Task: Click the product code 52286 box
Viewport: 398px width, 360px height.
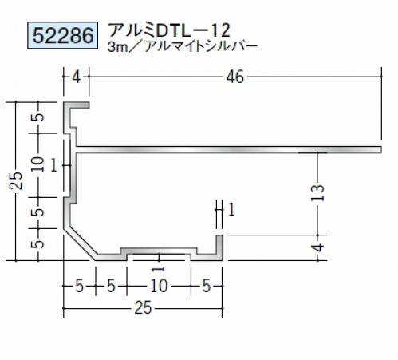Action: [63, 35]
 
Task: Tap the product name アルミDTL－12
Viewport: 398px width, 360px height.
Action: [169, 30]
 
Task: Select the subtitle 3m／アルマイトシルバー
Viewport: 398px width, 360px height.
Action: [183, 46]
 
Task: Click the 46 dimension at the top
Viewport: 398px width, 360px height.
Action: [235, 77]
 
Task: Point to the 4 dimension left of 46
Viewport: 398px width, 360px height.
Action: [76, 77]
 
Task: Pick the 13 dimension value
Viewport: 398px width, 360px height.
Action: [318, 193]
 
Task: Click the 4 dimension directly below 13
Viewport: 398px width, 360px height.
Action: [318, 247]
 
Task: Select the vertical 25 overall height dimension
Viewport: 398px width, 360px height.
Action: [16, 180]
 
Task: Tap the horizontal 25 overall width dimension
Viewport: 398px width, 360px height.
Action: [143, 308]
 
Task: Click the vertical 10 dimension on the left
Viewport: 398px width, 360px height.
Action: [38, 164]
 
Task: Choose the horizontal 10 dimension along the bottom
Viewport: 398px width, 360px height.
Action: [159, 286]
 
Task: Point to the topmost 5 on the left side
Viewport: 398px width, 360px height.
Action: [39, 117]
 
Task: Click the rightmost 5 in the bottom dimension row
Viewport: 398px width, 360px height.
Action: [207, 286]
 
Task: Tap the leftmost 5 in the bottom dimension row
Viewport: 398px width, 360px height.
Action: [80, 286]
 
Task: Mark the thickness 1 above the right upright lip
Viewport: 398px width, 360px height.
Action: [231, 210]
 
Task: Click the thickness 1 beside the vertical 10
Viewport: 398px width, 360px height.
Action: [53, 166]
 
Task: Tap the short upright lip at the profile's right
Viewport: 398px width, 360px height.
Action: [219, 247]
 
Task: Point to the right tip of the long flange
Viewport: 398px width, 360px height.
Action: [382, 149]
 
